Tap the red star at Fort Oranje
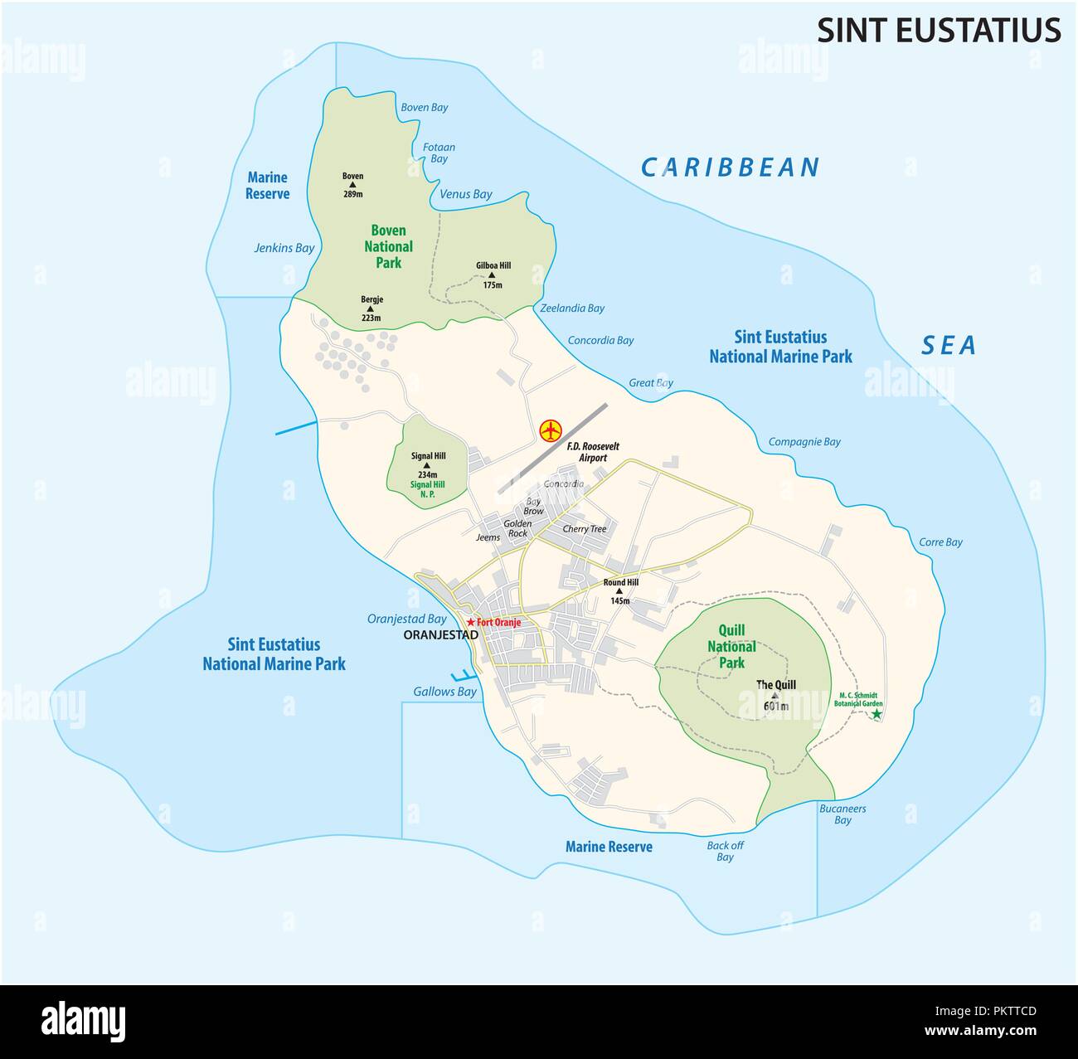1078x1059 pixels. pos(470,622)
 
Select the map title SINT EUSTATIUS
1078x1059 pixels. pos(939,30)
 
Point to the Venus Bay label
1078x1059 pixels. pos(466,195)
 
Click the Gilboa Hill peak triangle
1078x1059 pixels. pos(493,275)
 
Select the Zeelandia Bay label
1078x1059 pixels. pos(572,308)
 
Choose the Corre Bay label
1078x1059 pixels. pos(940,542)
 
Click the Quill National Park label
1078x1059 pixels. pos(731,647)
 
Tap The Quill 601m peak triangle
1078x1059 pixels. pos(775,696)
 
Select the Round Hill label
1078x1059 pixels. pos(620,582)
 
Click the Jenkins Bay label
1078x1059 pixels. pos(284,248)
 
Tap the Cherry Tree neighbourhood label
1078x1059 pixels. pos(585,529)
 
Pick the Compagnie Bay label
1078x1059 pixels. pos(804,442)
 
